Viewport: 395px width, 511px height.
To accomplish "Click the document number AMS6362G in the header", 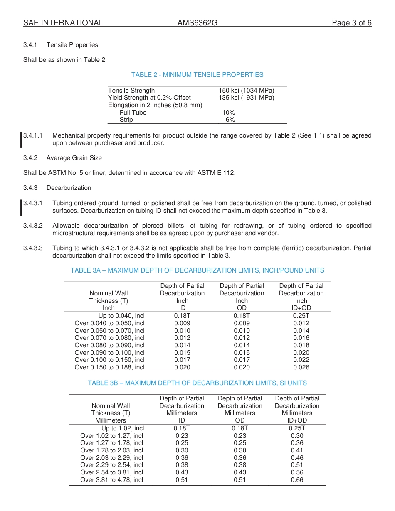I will [197, 23].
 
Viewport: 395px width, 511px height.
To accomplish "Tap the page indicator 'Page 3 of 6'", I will [351, 23].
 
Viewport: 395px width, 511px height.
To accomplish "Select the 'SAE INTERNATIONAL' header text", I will [63, 23].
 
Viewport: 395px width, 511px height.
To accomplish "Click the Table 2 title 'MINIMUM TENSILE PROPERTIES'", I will [197, 75].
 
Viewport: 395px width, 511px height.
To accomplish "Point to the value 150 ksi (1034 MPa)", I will [246, 91].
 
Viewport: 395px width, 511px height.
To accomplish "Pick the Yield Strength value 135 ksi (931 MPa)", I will [246, 98].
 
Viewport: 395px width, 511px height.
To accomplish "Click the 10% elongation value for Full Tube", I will [229, 113].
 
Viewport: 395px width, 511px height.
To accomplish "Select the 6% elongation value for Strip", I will [230, 120].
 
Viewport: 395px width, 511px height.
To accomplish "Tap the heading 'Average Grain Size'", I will [74, 158].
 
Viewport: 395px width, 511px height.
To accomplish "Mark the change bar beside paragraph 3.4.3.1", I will [22, 207].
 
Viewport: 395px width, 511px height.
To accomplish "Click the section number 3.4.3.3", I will [33, 248].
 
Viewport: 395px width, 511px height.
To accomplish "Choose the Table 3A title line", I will [197, 270].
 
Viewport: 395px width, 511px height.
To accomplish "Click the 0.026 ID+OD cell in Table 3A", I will [301, 367].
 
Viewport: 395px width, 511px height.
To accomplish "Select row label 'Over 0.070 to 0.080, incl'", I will [109, 338].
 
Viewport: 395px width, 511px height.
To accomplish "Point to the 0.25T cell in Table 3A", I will [301, 316].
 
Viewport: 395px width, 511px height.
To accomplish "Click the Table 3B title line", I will [197, 383].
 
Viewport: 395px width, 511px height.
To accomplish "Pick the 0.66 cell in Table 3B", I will [297, 480].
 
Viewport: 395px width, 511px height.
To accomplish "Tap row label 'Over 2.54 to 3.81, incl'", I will [111, 472].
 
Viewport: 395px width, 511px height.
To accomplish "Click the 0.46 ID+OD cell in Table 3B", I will [297, 458].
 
